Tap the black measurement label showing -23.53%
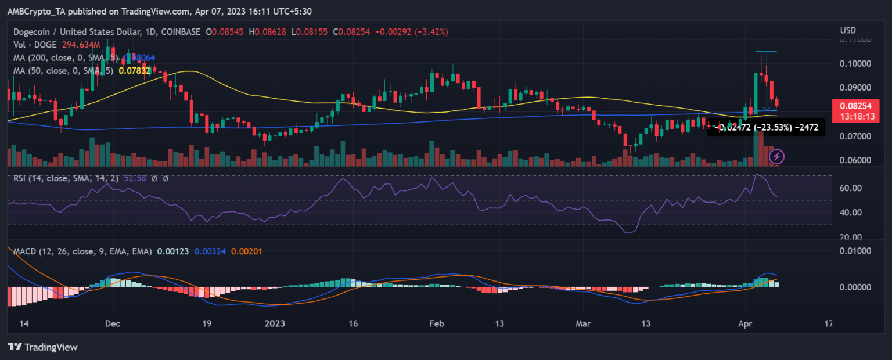point(765,127)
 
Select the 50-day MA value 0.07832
point(135,70)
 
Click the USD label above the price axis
point(847,30)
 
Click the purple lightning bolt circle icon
point(777,156)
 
